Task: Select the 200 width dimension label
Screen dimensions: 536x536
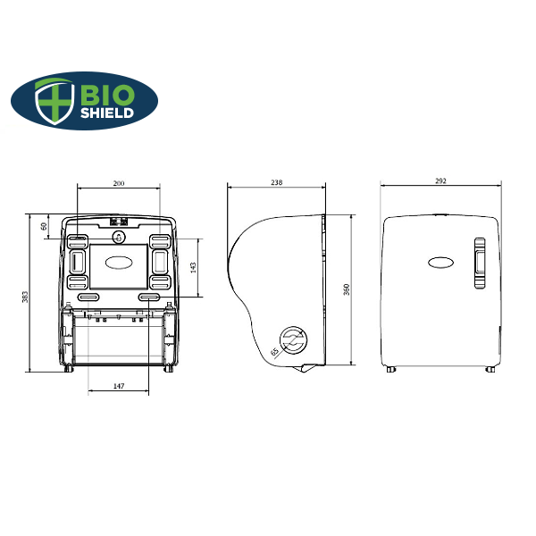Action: click(119, 183)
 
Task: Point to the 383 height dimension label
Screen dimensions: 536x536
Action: click(25, 295)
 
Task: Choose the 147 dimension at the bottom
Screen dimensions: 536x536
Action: click(119, 386)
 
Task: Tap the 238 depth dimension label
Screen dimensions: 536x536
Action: click(276, 182)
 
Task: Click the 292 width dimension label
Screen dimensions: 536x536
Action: click(440, 180)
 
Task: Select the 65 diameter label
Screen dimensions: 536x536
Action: click(274, 352)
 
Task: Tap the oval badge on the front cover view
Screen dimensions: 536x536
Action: click(441, 263)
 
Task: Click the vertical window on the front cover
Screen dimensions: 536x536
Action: click(480, 264)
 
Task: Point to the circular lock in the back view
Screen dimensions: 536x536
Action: click(119, 238)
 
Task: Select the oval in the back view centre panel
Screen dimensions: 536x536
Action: click(119, 263)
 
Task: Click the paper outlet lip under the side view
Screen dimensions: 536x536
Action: click(306, 368)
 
